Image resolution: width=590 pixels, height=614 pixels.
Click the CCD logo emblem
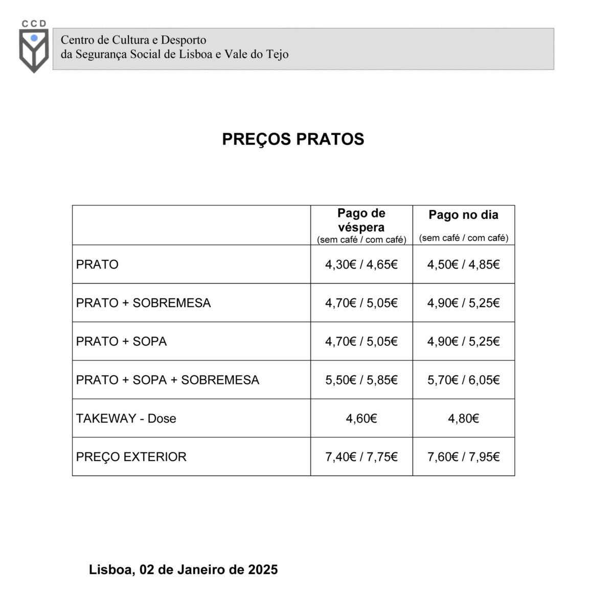pos(34,49)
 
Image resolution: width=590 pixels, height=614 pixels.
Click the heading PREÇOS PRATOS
pos(293,139)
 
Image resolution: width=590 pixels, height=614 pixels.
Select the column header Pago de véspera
pos(361,221)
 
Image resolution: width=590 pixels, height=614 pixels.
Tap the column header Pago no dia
pos(463,215)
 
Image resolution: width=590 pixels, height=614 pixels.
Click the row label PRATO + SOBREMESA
pos(143,303)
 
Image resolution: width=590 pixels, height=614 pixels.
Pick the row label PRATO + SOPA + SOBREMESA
pos(167,380)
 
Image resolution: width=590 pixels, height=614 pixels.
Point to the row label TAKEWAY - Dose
pos(126,419)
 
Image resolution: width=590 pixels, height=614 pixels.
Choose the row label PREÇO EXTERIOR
pos(131,457)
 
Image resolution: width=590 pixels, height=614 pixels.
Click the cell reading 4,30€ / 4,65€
pos(361,265)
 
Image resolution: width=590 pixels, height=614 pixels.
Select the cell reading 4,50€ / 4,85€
pos(463,265)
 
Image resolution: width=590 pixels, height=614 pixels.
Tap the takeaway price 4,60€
pos(361,419)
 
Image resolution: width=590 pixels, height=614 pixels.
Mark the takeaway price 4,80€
pos(463,419)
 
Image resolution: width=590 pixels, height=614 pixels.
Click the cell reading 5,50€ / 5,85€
pos(361,380)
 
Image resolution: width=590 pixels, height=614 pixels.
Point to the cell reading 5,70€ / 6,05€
pos(463,380)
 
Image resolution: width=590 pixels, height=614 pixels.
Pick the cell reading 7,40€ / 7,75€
pos(361,457)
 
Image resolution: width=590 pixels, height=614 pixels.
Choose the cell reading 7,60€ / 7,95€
pos(463,457)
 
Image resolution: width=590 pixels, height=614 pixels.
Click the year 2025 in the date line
pos(263,569)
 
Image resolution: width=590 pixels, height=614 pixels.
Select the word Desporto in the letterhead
pos(184,40)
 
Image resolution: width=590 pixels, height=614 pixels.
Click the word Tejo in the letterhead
pos(277,54)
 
